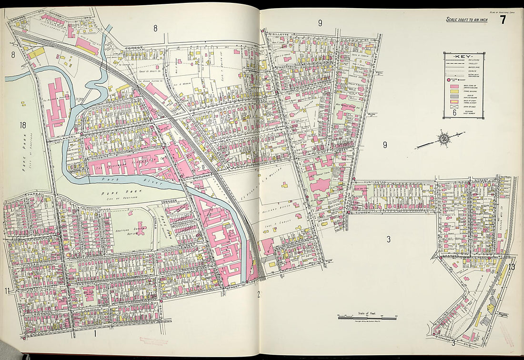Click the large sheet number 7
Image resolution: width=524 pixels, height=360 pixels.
[x=503, y=20]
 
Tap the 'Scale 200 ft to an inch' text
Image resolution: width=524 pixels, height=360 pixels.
[x=466, y=20]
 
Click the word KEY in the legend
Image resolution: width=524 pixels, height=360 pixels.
[x=461, y=56]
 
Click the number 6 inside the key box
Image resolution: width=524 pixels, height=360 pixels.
[x=454, y=113]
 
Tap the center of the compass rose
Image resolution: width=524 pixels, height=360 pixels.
[x=443, y=139]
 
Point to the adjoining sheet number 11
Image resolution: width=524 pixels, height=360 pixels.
[x=7, y=291]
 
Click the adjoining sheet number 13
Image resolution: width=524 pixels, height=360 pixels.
[x=512, y=267]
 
